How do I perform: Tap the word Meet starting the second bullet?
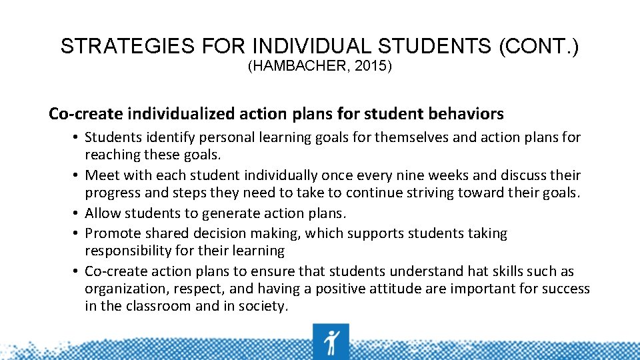(102, 175)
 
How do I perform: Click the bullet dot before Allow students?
(77, 213)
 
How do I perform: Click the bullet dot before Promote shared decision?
(77, 233)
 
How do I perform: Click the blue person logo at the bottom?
(331, 341)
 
